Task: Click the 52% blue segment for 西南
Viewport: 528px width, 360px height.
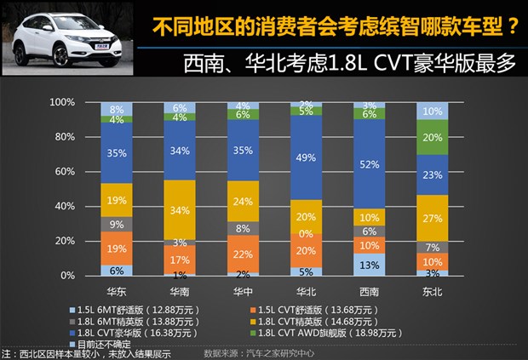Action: coord(370,164)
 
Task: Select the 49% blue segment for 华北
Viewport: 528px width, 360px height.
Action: coord(305,157)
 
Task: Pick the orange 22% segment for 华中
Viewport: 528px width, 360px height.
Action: coord(241,254)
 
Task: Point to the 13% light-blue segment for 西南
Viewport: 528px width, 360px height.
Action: coord(370,265)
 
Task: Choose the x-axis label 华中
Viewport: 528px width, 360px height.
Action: coord(241,290)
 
